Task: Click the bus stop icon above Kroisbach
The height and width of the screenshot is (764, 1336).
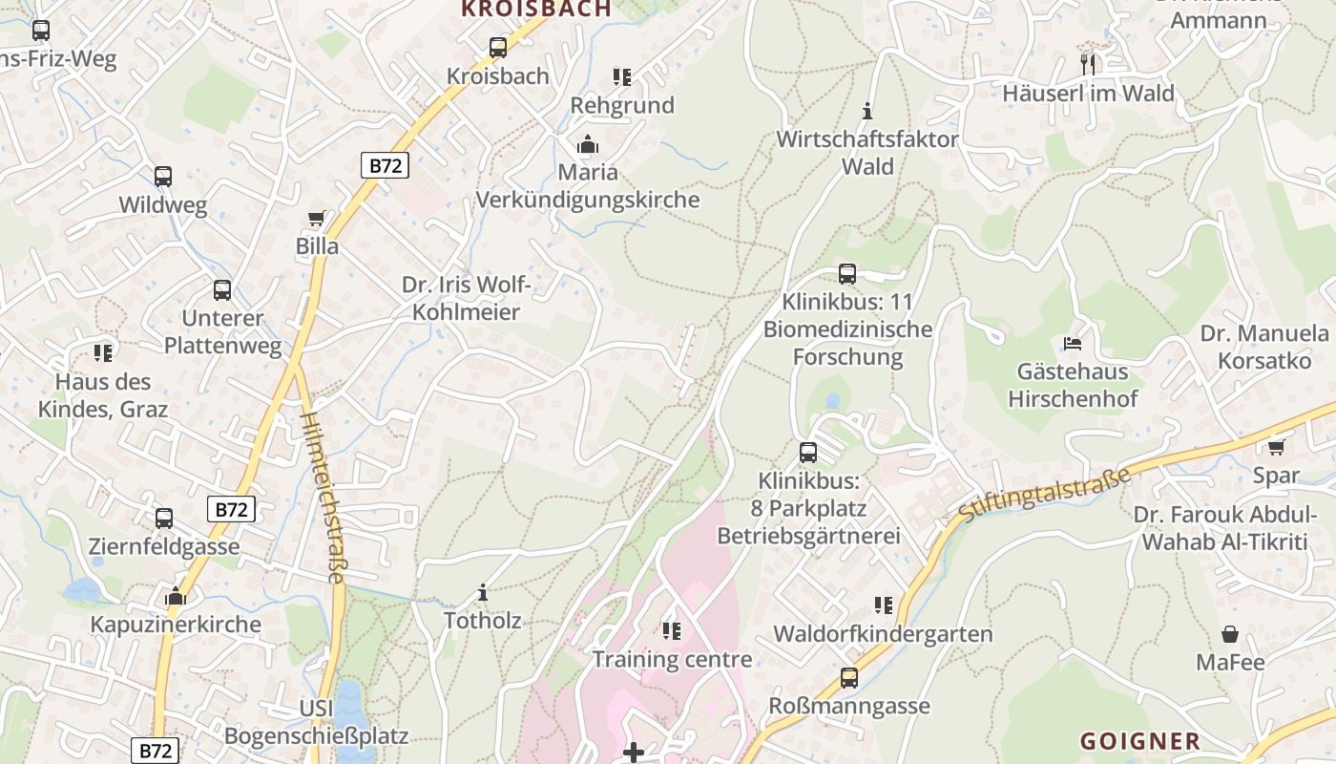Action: pyautogui.click(x=497, y=47)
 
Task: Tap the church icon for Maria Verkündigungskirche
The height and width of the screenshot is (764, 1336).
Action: pyautogui.click(x=587, y=145)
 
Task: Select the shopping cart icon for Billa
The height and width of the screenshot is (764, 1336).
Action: pyautogui.click(x=317, y=219)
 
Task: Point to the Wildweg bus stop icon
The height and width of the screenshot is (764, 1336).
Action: pyautogui.click(x=163, y=177)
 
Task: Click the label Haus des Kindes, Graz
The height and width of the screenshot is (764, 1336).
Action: pyautogui.click(x=103, y=395)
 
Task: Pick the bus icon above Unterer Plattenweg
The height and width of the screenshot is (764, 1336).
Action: pyautogui.click(x=222, y=290)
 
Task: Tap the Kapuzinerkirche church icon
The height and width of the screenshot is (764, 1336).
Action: pyautogui.click(x=176, y=597)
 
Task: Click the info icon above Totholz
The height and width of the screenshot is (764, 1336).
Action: pyautogui.click(x=483, y=592)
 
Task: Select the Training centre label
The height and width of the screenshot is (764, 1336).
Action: pyautogui.click(x=672, y=659)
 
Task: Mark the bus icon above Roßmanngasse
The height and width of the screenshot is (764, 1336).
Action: pyautogui.click(x=848, y=678)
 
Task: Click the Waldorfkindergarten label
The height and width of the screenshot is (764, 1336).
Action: pyautogui.click(x=883, y=634)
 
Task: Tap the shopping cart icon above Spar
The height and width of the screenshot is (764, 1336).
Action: pyautogui.click(x=1276, y=447)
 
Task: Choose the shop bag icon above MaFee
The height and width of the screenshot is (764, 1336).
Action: pyautogui.click(x=1230, y=634)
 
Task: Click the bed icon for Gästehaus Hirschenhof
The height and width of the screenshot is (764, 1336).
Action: pyautogui.click(x=1073, y=343)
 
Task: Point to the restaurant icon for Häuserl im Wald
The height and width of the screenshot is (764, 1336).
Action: pyautogui.click(x=1089, y=64)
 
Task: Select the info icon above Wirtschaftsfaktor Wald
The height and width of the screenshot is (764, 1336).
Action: pyautogui.click(x=867, y=111)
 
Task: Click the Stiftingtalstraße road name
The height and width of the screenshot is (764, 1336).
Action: pyautogui.click(x=1044, y=495)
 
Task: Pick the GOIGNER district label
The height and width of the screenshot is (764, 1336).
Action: pyautogui.click(x=1139, y=741)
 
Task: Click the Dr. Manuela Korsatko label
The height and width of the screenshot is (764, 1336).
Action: pyautogui.click(x=1264, y=348)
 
